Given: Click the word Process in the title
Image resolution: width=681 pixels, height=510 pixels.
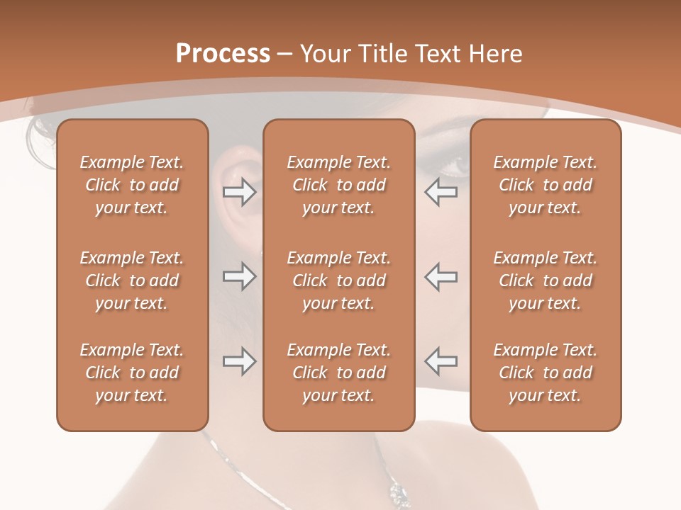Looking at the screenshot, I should [x=223, y=54].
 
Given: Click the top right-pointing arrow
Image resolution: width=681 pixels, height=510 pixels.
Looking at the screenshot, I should [x=239, y=192].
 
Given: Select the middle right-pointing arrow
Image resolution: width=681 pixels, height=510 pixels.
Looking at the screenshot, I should [x=239, y=276].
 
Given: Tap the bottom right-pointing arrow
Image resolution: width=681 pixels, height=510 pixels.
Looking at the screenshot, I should [x=239, y=362].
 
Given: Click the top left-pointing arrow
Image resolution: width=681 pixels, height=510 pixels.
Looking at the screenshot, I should [x=441, y=192].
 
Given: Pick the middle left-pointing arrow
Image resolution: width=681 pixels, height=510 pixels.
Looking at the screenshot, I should [x=441, y=276].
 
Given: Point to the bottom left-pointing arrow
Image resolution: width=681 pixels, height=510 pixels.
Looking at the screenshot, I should [x=441, y=362].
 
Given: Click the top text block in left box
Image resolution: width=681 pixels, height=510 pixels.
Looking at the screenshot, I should [x=132, y=185].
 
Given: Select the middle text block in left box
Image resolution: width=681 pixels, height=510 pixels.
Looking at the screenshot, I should [x=132, y=280].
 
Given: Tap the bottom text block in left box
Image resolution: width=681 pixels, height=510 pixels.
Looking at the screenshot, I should [x=132, y=373].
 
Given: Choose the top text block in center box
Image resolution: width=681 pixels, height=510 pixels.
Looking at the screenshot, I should [x=338, y=185].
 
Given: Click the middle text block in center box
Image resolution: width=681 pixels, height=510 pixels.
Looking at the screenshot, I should [x=338, y=280].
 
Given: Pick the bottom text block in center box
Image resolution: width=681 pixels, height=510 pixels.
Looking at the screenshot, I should [x=338, y=373].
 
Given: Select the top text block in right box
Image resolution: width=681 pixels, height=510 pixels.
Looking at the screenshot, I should [x=545, y=185].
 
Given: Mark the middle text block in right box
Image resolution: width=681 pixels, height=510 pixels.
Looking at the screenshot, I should [x=545, y=280].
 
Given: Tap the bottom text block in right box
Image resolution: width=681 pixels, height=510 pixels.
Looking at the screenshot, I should [x=545, y=373].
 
